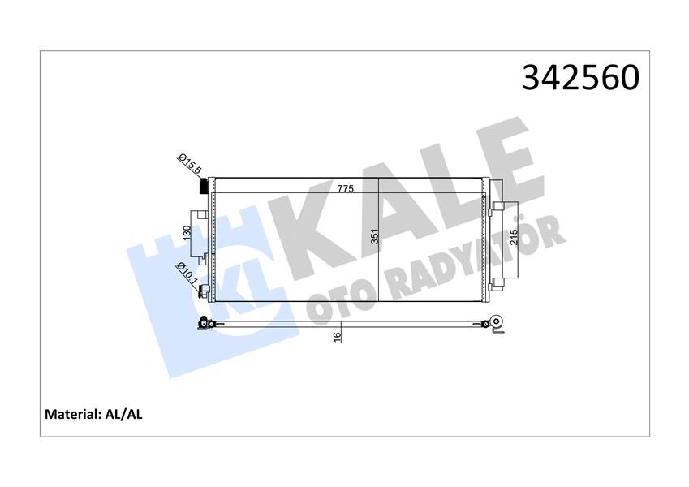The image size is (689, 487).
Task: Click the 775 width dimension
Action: pyautogui.click(x=346, y=188)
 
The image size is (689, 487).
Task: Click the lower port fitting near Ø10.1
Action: pyautogui.click(x=205, y=289)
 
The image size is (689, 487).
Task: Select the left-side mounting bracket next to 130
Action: pyautogui.click(x=197, y=235)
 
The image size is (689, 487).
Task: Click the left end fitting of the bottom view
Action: pyautogui.click(x=205, y=325)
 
